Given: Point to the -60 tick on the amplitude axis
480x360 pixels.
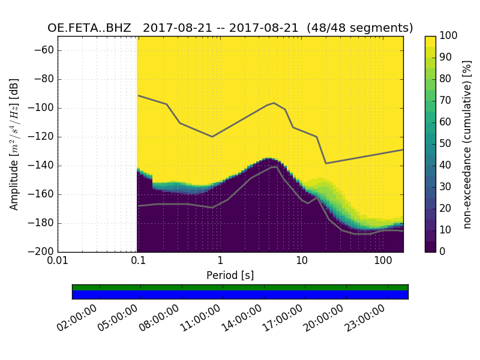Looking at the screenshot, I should click(x=47, y=50).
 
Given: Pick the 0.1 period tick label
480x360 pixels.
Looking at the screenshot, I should click(x=138, y=262).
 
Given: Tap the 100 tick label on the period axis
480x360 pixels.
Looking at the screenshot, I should click(x=383, y=262).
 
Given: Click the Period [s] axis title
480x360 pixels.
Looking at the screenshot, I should click(x=230, y=275).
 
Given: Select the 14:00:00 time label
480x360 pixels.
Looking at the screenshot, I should click(x=242, y=320).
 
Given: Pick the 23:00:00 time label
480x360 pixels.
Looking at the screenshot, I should click(x=365, y=320).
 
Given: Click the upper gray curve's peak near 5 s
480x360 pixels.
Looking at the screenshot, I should click(x=274, y=103).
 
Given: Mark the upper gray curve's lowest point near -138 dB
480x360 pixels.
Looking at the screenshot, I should click(x=326, y=163).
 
